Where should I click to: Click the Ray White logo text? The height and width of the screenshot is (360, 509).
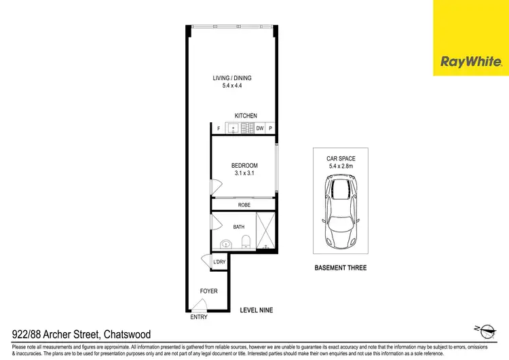[471, 62]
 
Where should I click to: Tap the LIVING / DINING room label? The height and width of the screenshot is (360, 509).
[232, 79]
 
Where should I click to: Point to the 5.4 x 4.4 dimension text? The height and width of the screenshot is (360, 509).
[232, 86]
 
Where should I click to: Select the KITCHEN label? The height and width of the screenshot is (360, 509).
[245, 116]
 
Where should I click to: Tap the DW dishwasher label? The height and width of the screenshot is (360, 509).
[260, 128]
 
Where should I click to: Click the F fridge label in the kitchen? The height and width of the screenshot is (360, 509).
[219, 128]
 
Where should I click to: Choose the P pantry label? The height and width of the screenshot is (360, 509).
[270, 128]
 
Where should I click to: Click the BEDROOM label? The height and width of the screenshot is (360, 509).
[244, 166]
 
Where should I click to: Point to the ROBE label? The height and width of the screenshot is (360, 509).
[244, 204]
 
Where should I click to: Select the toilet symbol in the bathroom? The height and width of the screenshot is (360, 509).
[246, 242]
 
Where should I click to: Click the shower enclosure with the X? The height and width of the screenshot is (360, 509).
[265, 232]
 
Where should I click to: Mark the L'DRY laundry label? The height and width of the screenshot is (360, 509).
[219, 262]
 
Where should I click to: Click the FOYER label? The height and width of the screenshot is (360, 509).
[208, 291]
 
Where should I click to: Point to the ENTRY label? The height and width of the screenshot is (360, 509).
[199, 317]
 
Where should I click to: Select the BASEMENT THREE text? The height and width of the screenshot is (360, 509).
[341, 268]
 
